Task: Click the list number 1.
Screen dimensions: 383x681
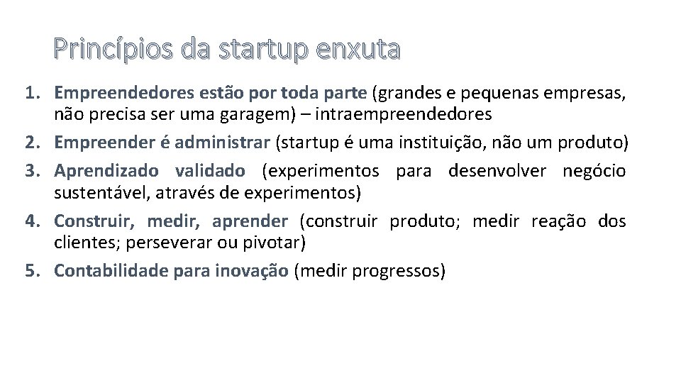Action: click(33, 93)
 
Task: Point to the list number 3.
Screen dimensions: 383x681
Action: click(33, 171)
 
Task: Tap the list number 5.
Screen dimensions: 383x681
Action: click(33, 270)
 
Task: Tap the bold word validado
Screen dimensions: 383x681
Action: click(210, 171)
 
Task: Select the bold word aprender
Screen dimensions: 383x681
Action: click(250, 221)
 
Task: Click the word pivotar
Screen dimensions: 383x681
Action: click(277, 243)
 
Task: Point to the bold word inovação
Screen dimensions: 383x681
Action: click(250, 270)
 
